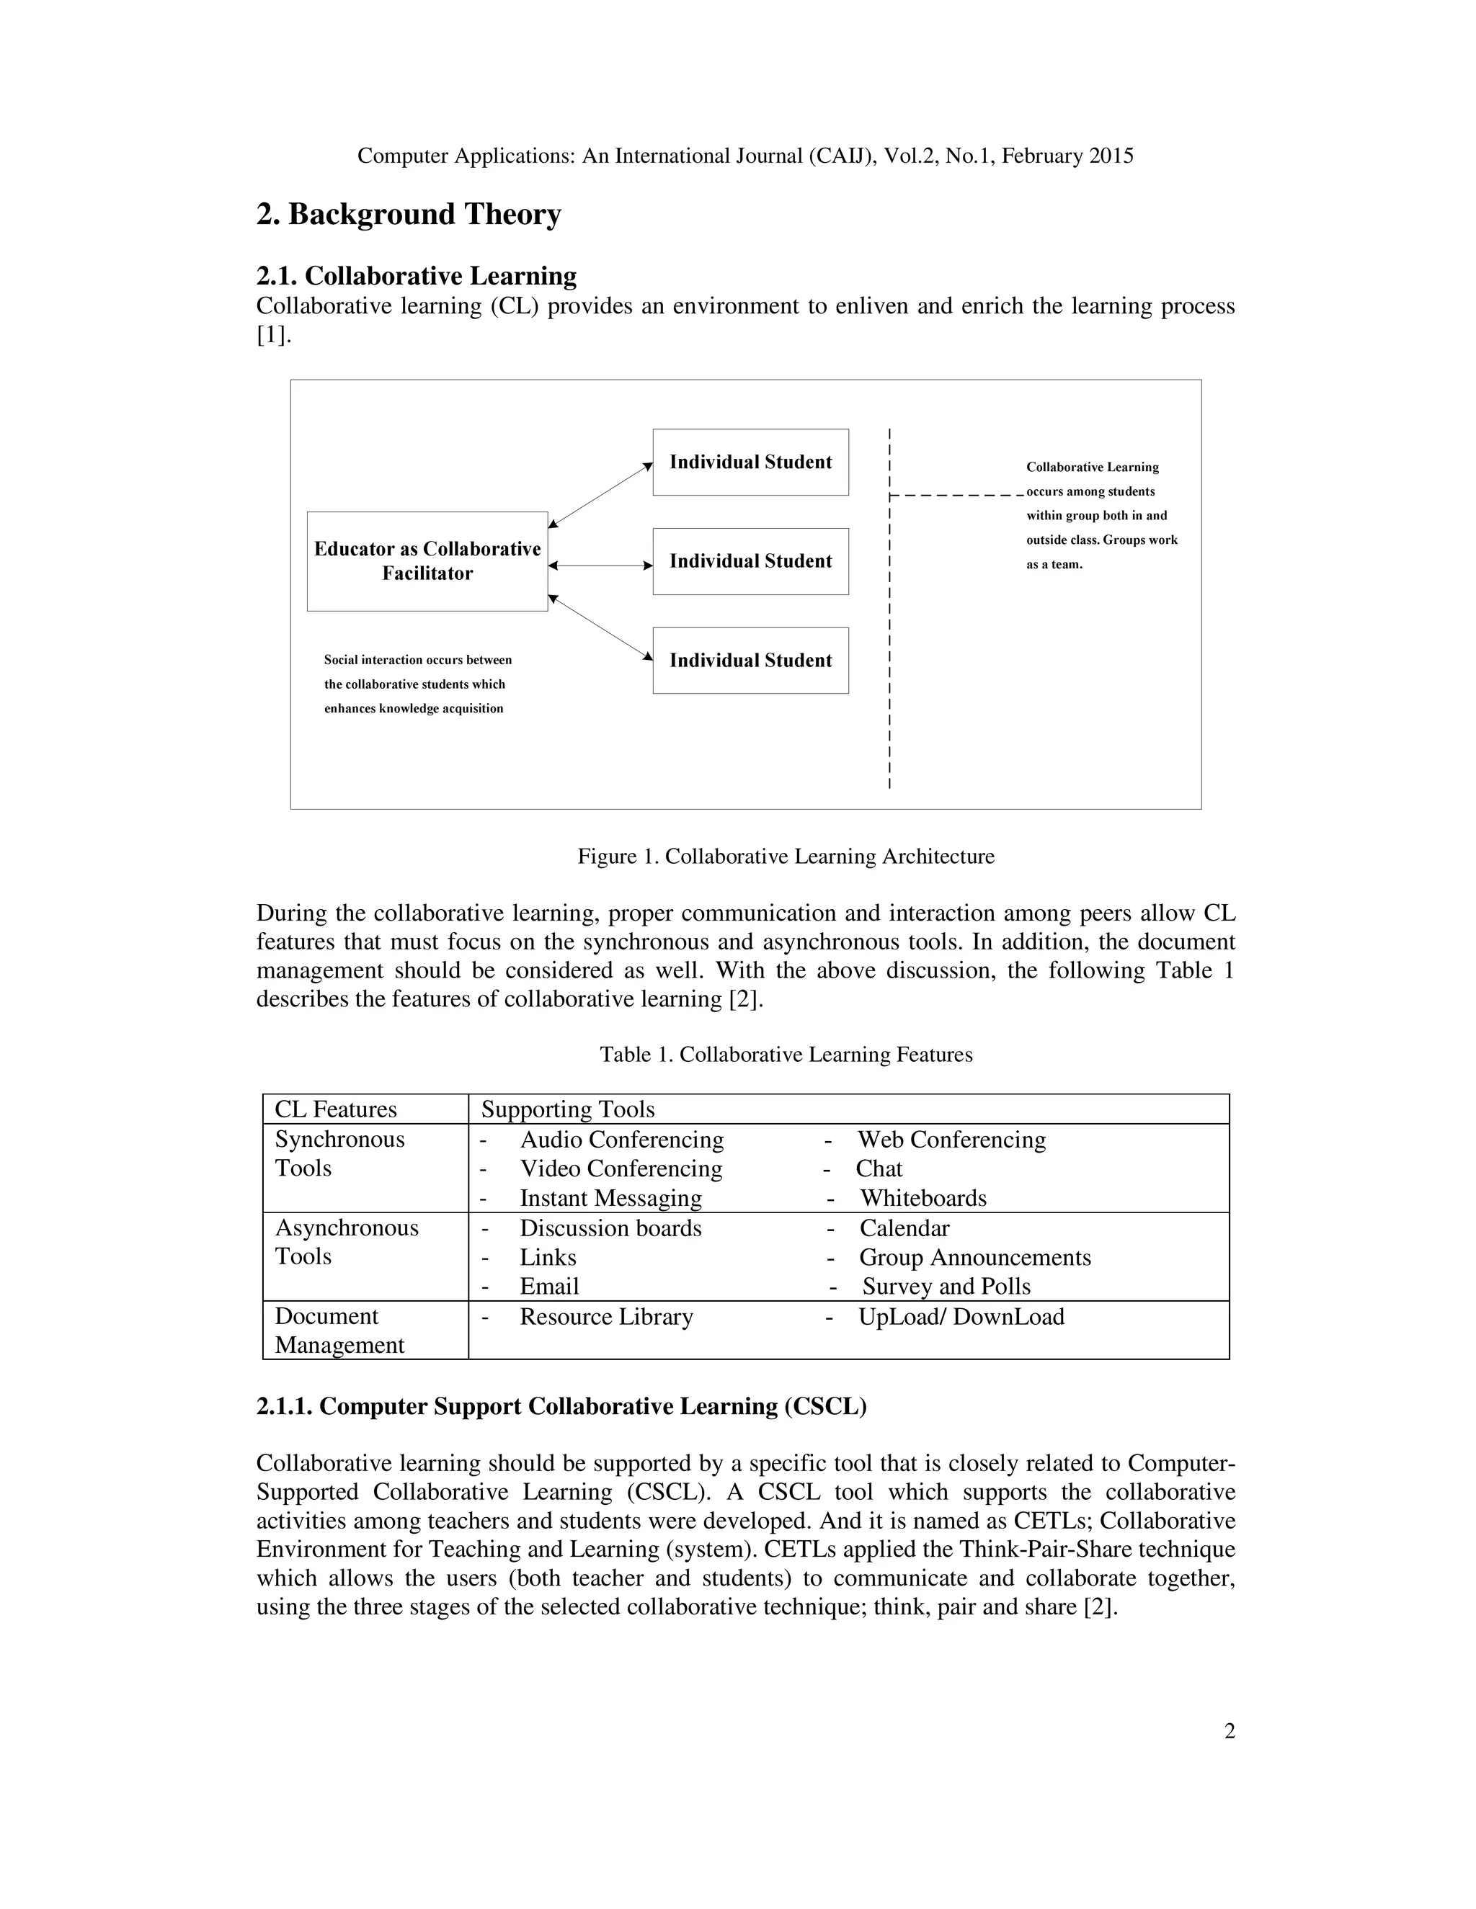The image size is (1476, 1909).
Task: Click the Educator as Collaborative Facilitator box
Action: pyautogui.click(x=427, y=561)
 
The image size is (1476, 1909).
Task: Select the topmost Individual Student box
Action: pyautogui.click(x=750, y=462)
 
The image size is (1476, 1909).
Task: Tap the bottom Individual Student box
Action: pyautogui.click(x=750, y=660)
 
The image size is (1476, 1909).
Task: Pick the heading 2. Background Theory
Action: pyautogui.click(x=409, y=214)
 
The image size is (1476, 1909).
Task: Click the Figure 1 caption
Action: pyautogui.click(x=786, y=856)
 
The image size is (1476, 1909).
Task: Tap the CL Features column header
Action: pyautogui.click(x=336, y=1109)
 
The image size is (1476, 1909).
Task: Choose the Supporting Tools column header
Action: pyautogui.click(x=567, y=1109)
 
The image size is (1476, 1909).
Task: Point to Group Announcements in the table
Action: pyautogui.click(x=974, y=1257)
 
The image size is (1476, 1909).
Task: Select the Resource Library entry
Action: pyautogui.click(x=606, y=1316)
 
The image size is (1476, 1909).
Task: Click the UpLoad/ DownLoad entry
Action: pyautogui.click(x=960, y=1316)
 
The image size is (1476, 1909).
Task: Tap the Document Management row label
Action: pyautogui.click(x=339, y=1331)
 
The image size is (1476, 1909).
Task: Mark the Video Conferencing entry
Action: pyautogui.click(x=621, y=1168)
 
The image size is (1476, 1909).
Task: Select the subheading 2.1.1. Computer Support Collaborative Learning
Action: pyautogui.click(x=561, y=1406)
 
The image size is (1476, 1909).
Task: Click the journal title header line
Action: pyautogui.click(x=745, y=156)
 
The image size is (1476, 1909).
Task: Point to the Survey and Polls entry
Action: pyautogui.click(x=946, y=1287)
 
